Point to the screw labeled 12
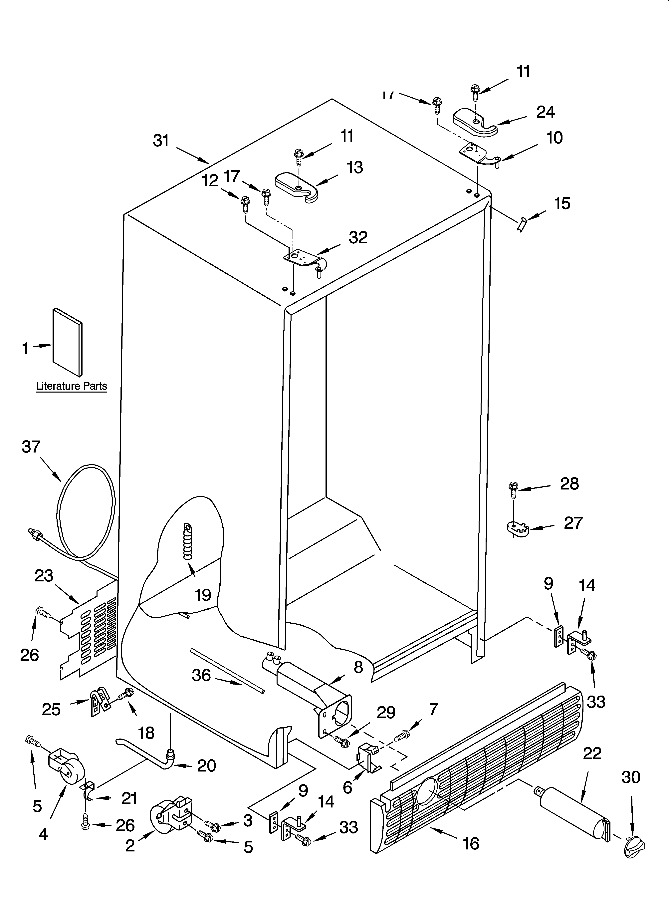point(245,204)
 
